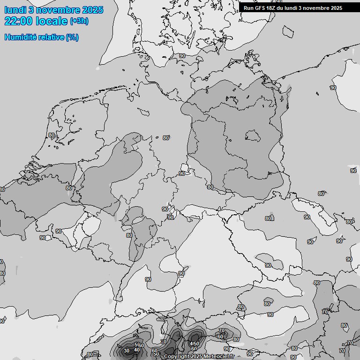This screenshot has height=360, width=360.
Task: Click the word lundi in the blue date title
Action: coord(15,10)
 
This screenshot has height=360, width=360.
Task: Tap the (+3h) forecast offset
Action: coord(79,21)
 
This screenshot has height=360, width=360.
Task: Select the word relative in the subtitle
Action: coord(51,37)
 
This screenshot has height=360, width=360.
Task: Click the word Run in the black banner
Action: coord(248,8)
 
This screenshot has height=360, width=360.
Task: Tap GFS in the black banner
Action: coord(260,8)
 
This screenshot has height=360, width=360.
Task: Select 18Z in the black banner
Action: coord(272,8)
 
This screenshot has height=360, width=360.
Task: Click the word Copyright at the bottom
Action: coord(177,357)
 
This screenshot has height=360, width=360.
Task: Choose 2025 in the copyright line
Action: coord(197,357)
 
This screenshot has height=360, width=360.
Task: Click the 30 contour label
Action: coord(126,351)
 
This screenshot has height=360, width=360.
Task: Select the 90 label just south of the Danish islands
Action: coord(182,56)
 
